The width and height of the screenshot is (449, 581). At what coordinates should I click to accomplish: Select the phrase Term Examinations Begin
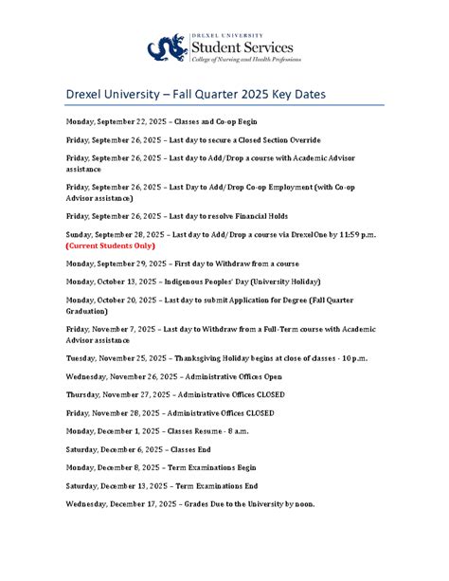[212, 467]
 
